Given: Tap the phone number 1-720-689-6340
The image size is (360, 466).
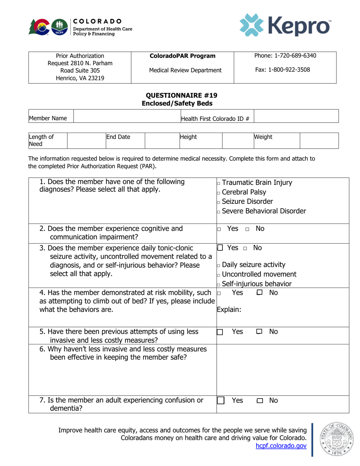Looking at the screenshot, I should [285, 56].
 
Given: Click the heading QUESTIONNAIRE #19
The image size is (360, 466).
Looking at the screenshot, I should [180, 95].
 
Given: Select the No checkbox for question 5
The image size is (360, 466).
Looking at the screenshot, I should [259, 332].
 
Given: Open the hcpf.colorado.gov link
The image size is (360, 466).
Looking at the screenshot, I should [281, 446].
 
